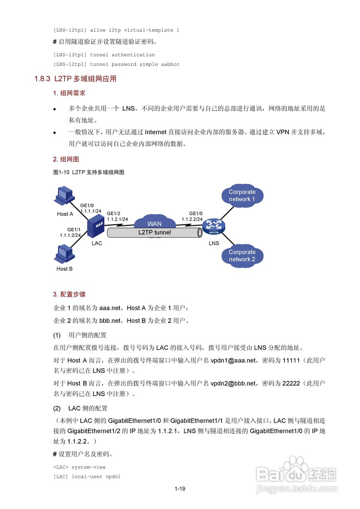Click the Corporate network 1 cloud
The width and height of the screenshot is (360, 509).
tap(242, 195)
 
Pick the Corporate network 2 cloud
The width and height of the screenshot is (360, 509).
tap(242, 255)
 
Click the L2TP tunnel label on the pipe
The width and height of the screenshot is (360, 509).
tap(154, 232)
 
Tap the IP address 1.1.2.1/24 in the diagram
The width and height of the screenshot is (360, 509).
tap(117, 219)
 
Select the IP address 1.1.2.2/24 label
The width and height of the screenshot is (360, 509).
tap(192, 219)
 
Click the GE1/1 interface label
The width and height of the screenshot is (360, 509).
tap(74, 229)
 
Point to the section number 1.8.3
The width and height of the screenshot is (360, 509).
tap(42, 79)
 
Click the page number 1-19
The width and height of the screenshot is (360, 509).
tap(180, 489)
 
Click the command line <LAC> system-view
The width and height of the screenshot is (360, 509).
tap(79, 467)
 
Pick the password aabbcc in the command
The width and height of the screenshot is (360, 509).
tap(170, 64)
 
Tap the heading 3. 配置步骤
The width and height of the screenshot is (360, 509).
tap(69, 295)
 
